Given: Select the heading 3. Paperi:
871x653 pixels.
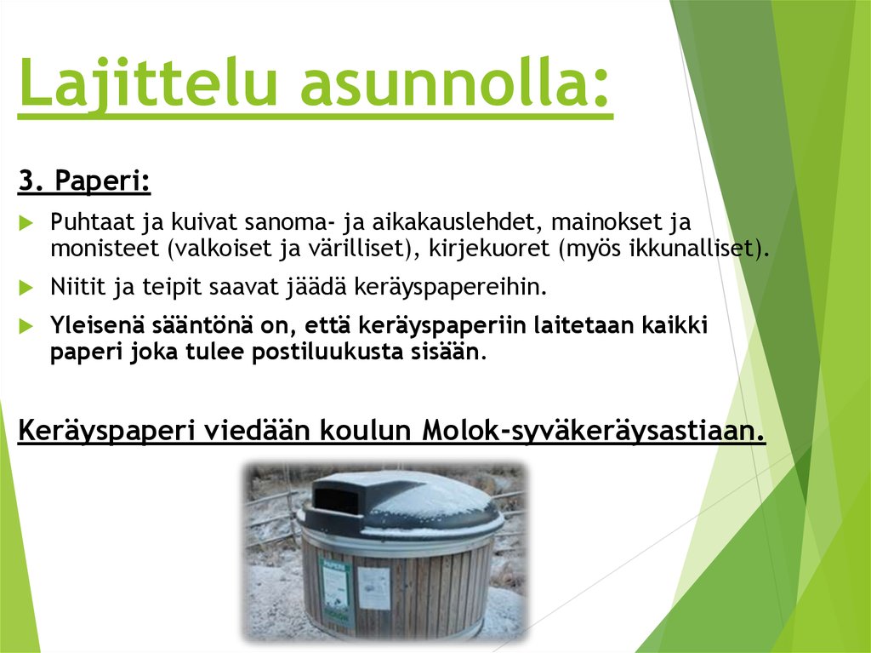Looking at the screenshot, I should point(84,180).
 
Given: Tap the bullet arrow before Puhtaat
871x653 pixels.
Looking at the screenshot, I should point(26,224).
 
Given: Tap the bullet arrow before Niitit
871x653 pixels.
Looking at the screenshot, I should point(26,287).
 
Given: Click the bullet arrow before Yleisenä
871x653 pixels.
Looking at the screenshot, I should point(26,326).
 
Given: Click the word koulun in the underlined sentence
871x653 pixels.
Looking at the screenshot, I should point(367,432).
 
